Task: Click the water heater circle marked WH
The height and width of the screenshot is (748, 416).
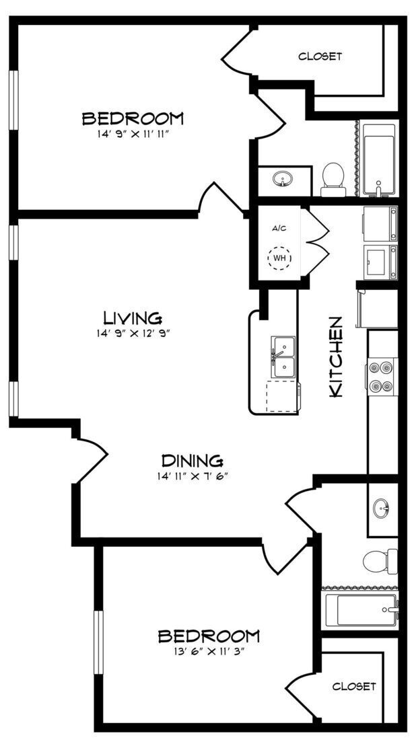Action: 279,258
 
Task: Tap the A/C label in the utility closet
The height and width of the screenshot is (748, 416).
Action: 279,228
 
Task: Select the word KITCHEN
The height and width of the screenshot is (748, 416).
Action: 336,357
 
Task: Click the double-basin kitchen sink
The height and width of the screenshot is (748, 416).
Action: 284,357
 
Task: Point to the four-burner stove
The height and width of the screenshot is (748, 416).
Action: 380,377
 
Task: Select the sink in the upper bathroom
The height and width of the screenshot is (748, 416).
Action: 283,180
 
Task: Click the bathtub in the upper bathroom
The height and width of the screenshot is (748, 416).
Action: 379,159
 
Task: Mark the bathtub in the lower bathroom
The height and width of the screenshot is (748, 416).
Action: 360,609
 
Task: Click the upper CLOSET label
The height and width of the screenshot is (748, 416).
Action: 320,57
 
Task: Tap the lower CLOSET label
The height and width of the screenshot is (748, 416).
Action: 353,686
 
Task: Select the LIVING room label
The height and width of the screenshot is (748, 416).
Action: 132,317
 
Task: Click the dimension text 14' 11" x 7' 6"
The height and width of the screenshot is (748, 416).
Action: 192,476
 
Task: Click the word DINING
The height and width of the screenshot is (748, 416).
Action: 192,461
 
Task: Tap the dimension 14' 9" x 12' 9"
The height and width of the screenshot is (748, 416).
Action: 132,332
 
